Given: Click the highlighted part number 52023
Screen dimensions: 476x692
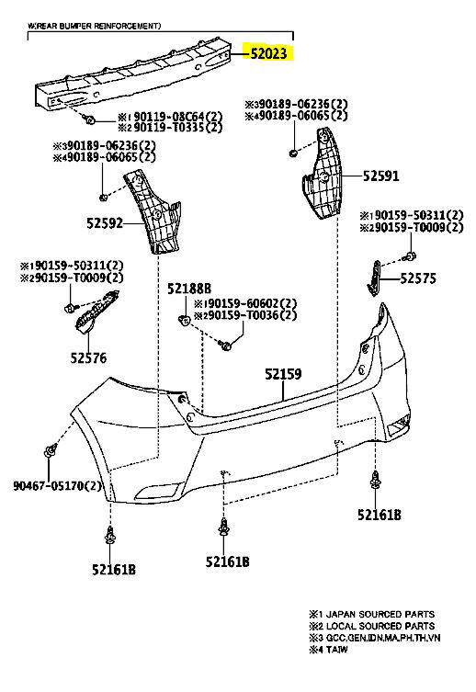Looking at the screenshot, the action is coord(268,53).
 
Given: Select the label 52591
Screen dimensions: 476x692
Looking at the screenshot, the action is coord(380,176).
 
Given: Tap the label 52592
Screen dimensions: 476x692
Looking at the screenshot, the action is coord(105,223).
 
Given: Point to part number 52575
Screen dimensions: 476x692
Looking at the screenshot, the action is coord(418,278).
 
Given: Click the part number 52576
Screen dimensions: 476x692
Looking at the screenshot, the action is coord(88,357).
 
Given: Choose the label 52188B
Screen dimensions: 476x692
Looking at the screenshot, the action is coord(188,289).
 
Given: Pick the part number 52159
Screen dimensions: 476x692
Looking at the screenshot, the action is coord(283,374).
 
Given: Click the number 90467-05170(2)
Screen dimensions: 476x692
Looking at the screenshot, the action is coord(57,486).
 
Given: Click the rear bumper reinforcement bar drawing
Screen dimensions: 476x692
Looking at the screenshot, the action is coord(134,73).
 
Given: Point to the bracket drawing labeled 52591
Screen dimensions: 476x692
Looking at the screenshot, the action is coord(322,174).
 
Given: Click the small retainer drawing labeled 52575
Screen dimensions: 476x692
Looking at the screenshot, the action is coord(375,278).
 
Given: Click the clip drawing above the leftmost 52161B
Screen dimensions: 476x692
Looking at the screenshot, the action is coord(110,536).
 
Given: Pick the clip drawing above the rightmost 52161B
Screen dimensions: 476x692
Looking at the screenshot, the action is coord(375,481).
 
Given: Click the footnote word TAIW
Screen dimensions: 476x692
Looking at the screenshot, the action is coord(336,650).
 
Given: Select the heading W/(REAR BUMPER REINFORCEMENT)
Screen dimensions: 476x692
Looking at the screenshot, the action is coord(95,26).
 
